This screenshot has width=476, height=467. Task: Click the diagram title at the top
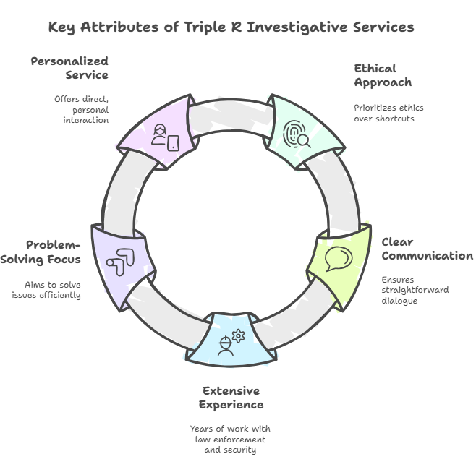(x=231, y=27)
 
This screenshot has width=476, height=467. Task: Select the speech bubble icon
(x=338, y=258)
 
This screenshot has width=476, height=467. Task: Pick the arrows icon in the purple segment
(x=119, y=261)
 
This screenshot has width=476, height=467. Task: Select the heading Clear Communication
(x=427, y=249)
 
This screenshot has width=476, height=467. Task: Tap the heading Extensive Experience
(x=231, y=398)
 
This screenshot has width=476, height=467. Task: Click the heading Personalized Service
(x=69, y=68)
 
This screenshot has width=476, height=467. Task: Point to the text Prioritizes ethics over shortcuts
(x=388, y=113)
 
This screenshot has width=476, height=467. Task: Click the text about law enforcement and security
(x=231, y=439)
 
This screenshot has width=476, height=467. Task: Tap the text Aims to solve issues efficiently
(x=46, y=289)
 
